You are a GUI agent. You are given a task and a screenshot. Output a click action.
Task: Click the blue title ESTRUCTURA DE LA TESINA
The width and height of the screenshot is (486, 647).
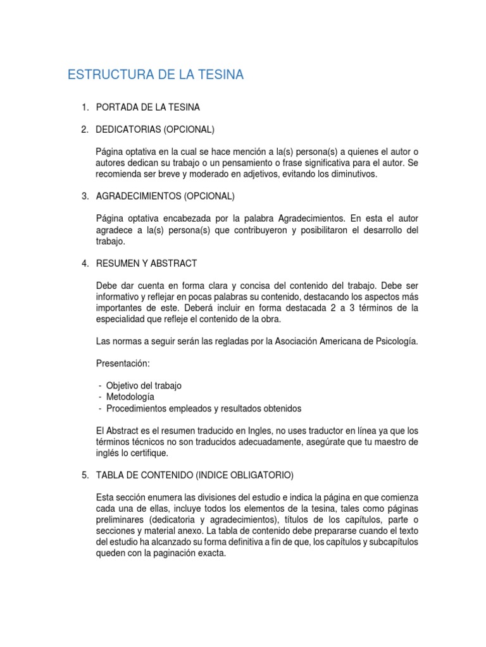(155, 76)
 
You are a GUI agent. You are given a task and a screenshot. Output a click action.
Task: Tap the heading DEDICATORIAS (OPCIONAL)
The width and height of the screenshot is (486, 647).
(155, 130)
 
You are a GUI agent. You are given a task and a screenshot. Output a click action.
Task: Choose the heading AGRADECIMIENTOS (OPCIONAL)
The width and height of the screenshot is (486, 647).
(165, 196)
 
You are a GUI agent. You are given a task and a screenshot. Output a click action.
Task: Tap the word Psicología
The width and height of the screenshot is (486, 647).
(394, 342)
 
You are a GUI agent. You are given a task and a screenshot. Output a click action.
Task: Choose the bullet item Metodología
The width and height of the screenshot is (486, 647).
(130, 397)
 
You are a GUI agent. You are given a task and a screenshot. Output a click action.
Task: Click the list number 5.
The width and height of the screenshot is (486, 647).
(84, 475)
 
